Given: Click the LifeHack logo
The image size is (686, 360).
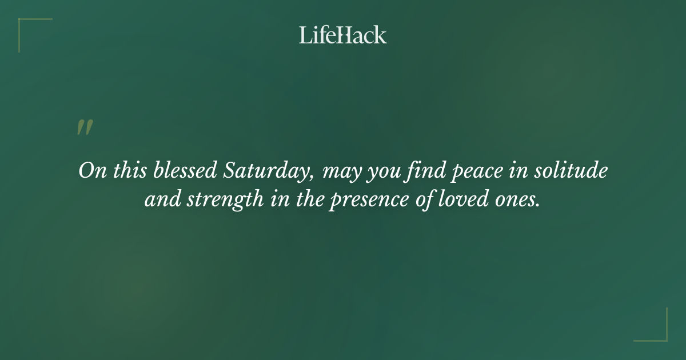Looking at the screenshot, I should (343, 35).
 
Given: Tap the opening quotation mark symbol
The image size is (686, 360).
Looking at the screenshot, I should (84, 127).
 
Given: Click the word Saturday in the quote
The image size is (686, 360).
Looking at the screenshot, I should (268, 171).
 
